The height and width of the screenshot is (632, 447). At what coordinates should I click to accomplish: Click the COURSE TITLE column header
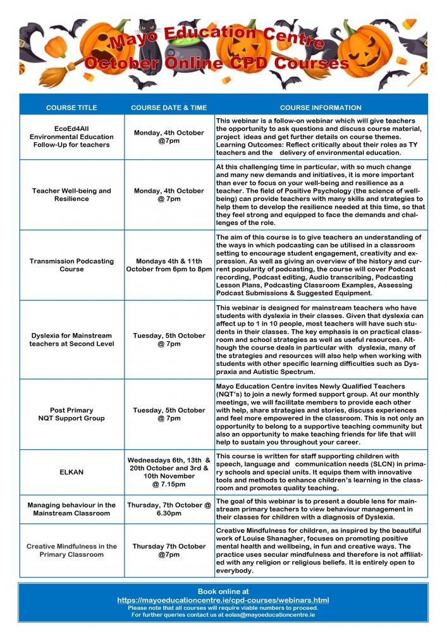coord(71,107)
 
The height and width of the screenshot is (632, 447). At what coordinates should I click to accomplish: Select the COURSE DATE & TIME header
coord(169,107)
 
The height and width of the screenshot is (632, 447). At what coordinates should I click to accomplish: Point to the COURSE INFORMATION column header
coord(321,107)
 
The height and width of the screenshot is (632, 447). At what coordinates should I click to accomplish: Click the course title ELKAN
coord(71,472)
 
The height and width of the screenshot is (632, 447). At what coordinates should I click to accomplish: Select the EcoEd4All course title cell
coord(71,137)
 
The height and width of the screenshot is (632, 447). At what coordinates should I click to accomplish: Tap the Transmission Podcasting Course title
coord(71,265)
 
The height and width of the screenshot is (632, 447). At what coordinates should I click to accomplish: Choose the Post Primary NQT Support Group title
coord(71,414)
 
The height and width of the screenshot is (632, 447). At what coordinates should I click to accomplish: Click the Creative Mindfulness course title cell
coord(71,550)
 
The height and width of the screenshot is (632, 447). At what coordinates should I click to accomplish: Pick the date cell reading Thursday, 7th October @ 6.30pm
coord(169,509)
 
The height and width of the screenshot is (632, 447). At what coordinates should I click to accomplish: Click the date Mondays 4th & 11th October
coord(169,265)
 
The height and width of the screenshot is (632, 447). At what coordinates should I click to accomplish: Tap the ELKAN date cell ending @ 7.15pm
coord(169,472)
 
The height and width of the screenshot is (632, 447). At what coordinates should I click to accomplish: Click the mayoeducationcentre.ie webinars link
coord(223,600)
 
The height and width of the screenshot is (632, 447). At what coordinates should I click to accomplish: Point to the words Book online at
coord(223,592)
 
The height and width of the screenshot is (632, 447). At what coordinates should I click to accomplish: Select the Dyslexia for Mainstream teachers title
coord(71,339)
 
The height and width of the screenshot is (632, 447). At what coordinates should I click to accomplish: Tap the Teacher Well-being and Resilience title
coord(71,195)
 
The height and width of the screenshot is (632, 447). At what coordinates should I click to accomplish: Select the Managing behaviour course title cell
coord(71,509)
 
